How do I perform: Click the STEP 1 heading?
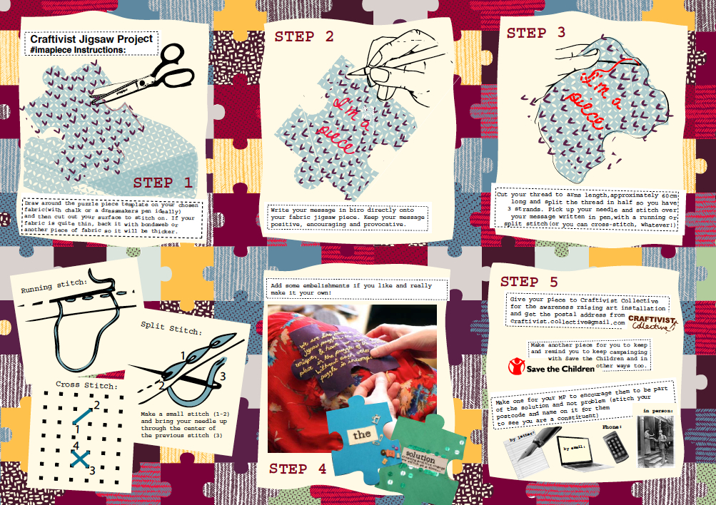click(x=163, y=183)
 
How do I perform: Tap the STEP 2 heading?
click(x=304, y=37)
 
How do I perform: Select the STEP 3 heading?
click(x=536, y=32)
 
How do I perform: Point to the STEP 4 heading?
click(x=298, y=469)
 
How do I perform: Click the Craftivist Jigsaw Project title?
click(x=91, y=39)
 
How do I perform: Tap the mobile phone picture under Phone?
click(x=615, y=445)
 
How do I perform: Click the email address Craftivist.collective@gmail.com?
click(x=568, y=322)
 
